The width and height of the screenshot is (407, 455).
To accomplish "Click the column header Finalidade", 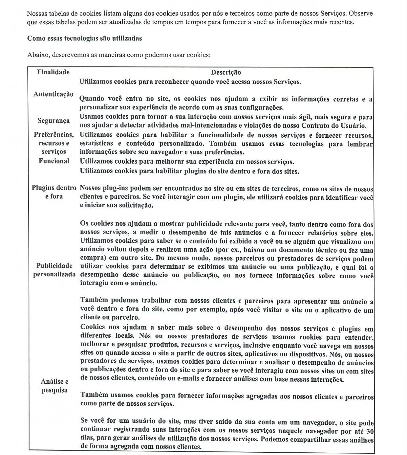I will pyautogui.click(x=53, y=72).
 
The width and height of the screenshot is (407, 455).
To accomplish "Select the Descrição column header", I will pyautogui.click(x=226, y=72).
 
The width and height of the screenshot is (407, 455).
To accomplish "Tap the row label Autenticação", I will pyautogui.click(x=53, y=94).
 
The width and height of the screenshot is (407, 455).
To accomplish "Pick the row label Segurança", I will pyautogui.click(x=54, y=121).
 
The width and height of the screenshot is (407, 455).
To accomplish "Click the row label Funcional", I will pyautogui.click(x=54, y=161).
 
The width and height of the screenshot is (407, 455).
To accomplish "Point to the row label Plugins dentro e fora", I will pyautogui.click(x=54, y=192).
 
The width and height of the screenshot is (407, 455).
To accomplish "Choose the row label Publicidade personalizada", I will pyautogui.click(x=54, y=270).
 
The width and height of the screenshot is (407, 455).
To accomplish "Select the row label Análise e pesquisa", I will pyautogui.click(x=54, y=386).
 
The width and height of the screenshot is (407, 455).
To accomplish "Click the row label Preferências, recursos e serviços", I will pyautogui.click(x=54, y=143).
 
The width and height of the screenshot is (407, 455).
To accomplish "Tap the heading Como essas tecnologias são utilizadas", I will pyautogui.click(x=84, y=38).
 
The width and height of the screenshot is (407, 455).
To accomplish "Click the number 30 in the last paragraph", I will pyautogui.click(x=370, y=431).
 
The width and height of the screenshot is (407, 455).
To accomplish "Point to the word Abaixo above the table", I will pyautogui.click(x=38, y=55).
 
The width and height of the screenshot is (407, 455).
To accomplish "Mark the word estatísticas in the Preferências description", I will pyautogui.click(x=96, y=144).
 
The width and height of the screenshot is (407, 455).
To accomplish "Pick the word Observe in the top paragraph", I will pyautogui.click(x=361, y=14).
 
